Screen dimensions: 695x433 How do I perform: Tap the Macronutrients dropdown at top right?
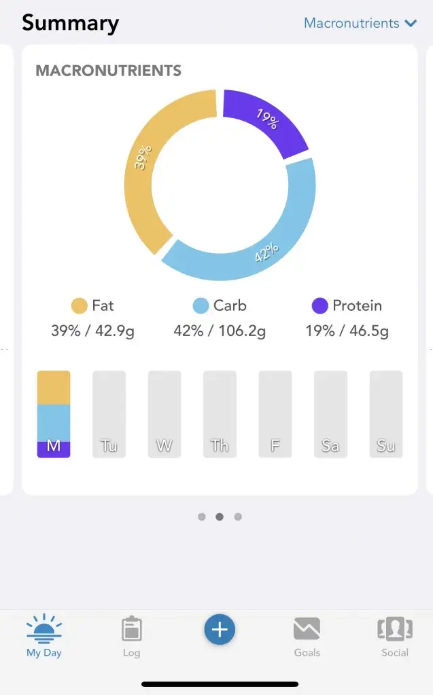click(x=360, y=23)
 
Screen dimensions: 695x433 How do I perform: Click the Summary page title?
click(x=70, y=23)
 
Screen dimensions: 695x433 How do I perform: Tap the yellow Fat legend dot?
click(x=80, y=306)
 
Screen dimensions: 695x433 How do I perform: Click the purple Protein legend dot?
click(x=320, y=306)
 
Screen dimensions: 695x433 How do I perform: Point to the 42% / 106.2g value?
click(x=220, y=331)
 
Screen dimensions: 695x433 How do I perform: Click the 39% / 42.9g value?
click(x=92, y=331)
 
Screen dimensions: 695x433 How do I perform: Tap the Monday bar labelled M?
click(x=53, y=414)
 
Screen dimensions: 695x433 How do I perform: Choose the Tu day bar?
click(x=109, y=414)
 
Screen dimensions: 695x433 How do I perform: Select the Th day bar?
click(x=220, y=414)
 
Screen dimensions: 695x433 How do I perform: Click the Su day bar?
click(x=385, y=414)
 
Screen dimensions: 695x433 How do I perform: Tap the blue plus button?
click(x=220, y=630)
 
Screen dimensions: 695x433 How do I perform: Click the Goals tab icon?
click(x=307, y=629)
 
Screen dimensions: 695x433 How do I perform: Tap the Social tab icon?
click(x=395, y=629)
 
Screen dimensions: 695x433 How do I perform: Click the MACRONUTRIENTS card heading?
click(x=108, y=71)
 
